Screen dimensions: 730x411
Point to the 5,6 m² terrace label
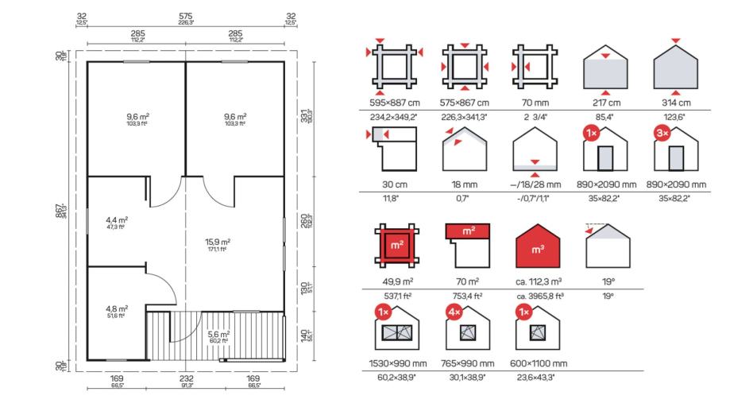click(218, 335)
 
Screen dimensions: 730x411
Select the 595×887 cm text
click(395, 103)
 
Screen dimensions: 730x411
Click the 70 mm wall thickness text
click(533, 103)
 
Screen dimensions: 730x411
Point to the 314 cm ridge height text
click(674, 103)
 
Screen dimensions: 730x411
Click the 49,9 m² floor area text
click(395, 281)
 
